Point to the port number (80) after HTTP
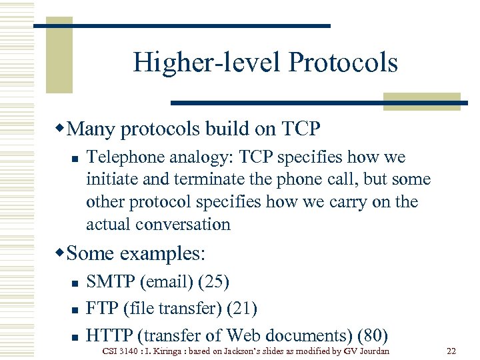373,335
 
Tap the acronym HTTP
111,335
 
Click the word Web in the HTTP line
243,335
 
